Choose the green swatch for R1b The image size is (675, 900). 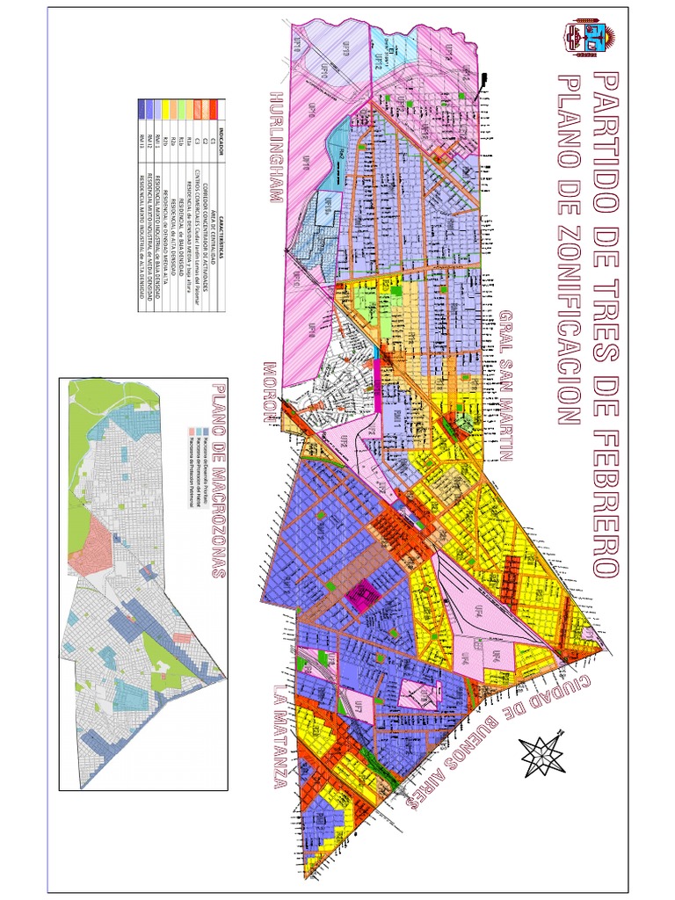(183, 109)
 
